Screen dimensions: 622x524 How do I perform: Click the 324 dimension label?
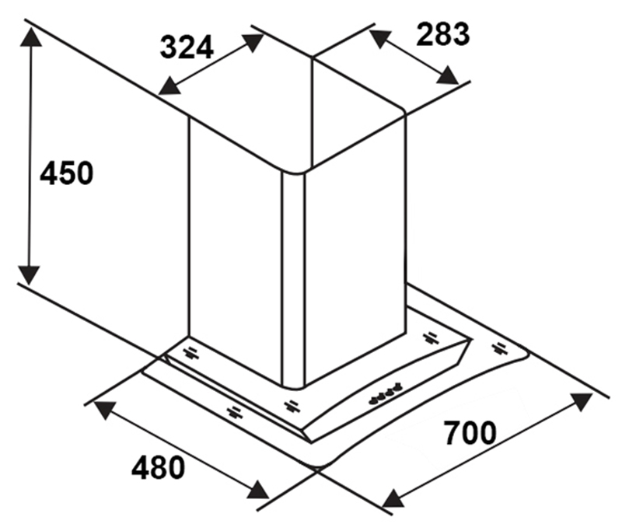(x=187, y=47)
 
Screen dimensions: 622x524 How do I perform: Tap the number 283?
(x=443, y=34)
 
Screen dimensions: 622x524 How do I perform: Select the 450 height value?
(x=67, y=173)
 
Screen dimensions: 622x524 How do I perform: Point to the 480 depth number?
(x=159, y=467)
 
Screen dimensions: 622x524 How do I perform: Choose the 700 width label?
(x=470, y=433)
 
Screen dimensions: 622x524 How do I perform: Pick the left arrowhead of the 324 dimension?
(x=169, y=86)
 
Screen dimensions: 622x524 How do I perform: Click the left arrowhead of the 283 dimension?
(x=379, y=37)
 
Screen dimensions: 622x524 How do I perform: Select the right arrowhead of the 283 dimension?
(x=448, y=75)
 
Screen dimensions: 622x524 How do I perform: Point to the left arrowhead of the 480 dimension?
(x=104, y=410)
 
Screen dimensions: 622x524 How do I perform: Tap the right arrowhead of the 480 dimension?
(x=258, y=490)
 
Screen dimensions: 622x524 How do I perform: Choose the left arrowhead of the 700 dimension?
(x=393, y=498)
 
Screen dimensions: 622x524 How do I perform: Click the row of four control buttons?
(x=383, y=393)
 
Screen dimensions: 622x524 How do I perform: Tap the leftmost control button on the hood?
(x=373, y=400)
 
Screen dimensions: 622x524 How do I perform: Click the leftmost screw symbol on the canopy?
(x=190, y=354)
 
